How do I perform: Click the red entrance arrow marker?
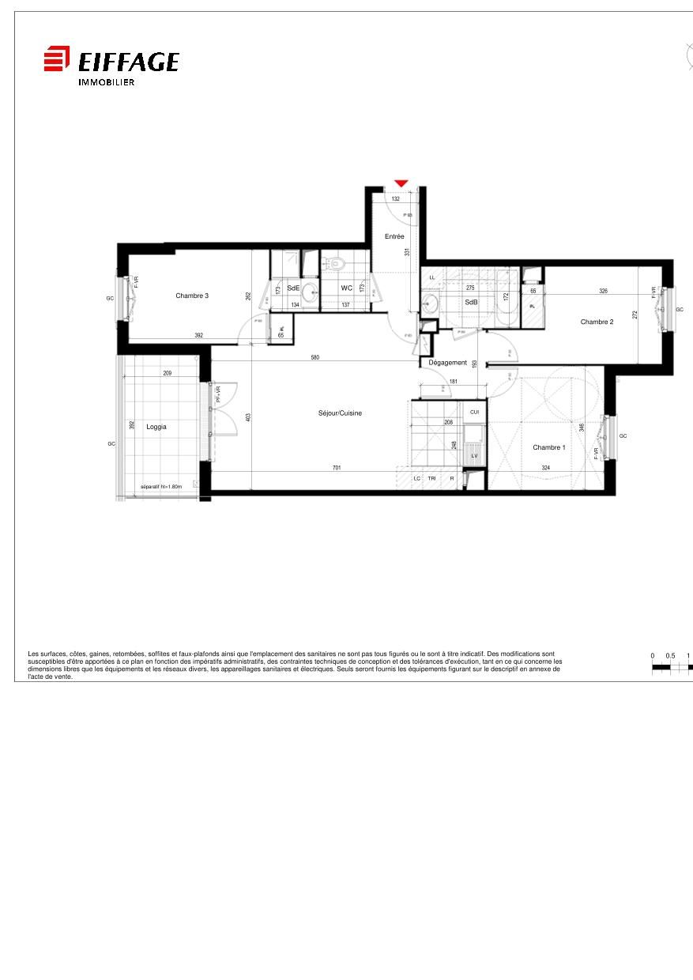(x=401, y=183)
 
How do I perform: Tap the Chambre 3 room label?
(x=192, y=296)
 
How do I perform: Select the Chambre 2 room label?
(x=597, y=322)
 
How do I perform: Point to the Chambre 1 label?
(x=548, y=447)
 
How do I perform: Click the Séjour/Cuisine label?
(x=340, y=413)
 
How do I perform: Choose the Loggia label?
(x=156, y=427)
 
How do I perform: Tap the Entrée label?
(x=394, y=237)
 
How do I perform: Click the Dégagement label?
(x=448, y=363)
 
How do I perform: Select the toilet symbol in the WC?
(x=337, y=263)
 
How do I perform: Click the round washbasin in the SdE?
(x=309, y=291)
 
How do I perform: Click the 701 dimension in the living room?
(x=337, y=468)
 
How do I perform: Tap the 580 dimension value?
(x=314, y=357)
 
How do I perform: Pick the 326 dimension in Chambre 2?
(x=604, y=291)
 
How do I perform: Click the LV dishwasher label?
(x=474, y=456)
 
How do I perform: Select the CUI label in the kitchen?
(x=474, y=412)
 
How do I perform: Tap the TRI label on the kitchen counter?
(x=432, y=479)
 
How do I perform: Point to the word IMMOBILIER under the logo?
(x=106, y=82)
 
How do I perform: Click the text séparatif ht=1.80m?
(x=161, y=487)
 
